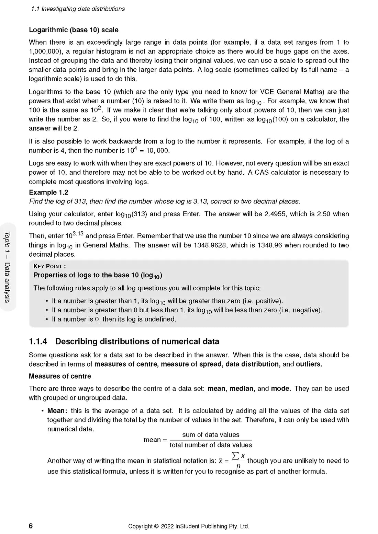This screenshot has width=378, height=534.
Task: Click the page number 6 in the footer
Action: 31,526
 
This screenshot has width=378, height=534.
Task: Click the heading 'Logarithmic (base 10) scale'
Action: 74,30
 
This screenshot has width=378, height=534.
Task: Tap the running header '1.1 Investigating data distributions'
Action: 78,9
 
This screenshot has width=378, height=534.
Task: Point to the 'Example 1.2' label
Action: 48,192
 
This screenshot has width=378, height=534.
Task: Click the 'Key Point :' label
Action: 49,266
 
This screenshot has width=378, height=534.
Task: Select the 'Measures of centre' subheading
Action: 60,376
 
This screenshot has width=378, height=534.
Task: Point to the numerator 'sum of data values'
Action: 211,434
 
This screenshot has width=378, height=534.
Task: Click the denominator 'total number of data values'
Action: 211,445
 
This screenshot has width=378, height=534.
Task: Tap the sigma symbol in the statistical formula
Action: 235,456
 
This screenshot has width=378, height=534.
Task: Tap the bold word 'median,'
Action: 242,388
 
